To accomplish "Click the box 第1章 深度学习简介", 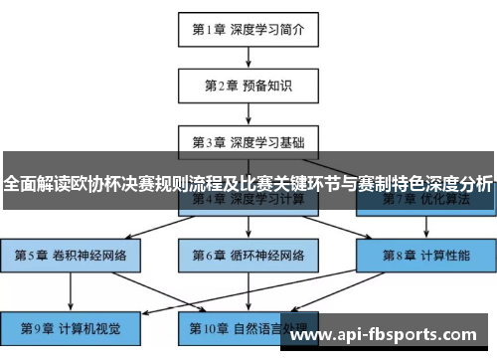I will coord(248,29).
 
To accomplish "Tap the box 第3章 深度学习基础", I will coord(248,141).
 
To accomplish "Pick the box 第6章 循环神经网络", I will coord(248,255).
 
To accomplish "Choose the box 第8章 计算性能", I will coord(425,255).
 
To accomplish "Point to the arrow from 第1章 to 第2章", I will coord(248,57).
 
